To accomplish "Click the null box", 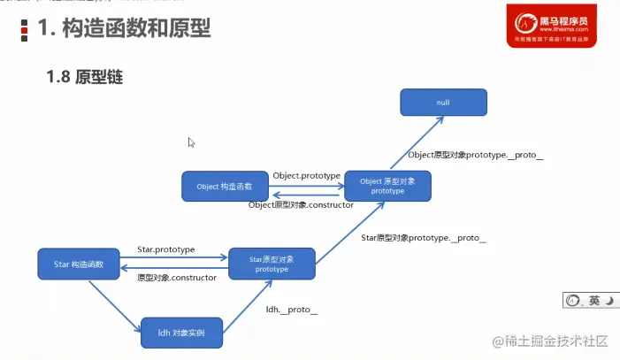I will [443, 102].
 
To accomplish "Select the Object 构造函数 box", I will [224, 187].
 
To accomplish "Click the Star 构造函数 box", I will [79, 264].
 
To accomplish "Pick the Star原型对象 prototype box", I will [272, 264].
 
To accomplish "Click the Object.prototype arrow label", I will [306, 176].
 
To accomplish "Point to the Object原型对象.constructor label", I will [301, 205].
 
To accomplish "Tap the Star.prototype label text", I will [166, 250].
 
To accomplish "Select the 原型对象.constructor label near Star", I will [177, 278].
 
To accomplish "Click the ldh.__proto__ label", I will [292, 310].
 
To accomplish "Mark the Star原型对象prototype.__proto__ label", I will [423, 239].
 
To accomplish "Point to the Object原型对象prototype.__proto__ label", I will [475, 156].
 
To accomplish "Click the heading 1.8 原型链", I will [84, 78].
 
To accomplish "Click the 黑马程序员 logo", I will [548, 25].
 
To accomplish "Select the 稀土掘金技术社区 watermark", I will [548, 342].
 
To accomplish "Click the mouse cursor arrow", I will [191, 142].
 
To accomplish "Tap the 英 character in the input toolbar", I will [594, 301].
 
